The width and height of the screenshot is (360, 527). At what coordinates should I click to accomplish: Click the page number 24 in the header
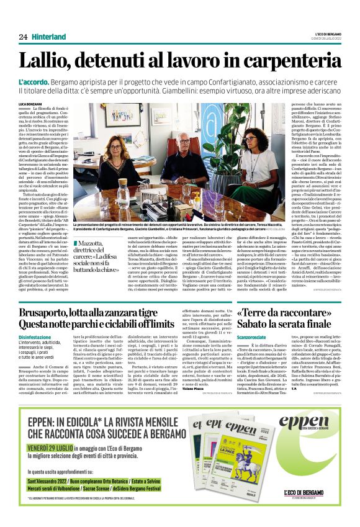24,37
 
